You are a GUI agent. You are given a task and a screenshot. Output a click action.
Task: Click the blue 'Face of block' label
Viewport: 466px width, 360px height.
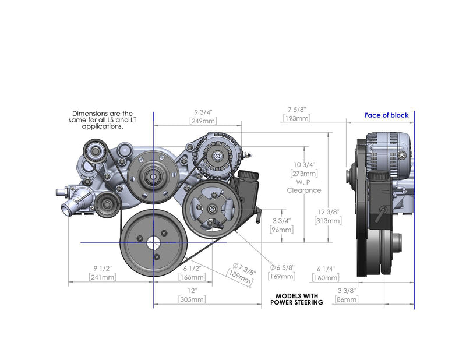pos(387,115)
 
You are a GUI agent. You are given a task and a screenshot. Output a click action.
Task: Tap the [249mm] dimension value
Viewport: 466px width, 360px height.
pos(203,121)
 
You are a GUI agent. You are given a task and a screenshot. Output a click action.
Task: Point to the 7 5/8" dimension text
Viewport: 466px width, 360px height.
pos(296,109)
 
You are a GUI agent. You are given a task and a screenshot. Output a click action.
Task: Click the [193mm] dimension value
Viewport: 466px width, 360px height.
pos(296,118)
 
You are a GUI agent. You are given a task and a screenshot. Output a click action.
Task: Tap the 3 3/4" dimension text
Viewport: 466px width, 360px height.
pos(281,221)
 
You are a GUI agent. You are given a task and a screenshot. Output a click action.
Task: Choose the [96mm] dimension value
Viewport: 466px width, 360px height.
pos(281,230)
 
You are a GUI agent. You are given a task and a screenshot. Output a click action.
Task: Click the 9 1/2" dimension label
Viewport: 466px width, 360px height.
pos(102,269)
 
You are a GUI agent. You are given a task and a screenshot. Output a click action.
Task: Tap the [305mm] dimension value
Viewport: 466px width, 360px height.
pos(192,299)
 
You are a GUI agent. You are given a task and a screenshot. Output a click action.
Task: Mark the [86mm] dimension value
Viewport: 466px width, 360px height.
pos(347,299)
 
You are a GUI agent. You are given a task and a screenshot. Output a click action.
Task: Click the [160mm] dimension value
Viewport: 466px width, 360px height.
pos(326,277)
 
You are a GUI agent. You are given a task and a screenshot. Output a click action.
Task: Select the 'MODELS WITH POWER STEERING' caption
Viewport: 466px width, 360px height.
pos(297,299)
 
